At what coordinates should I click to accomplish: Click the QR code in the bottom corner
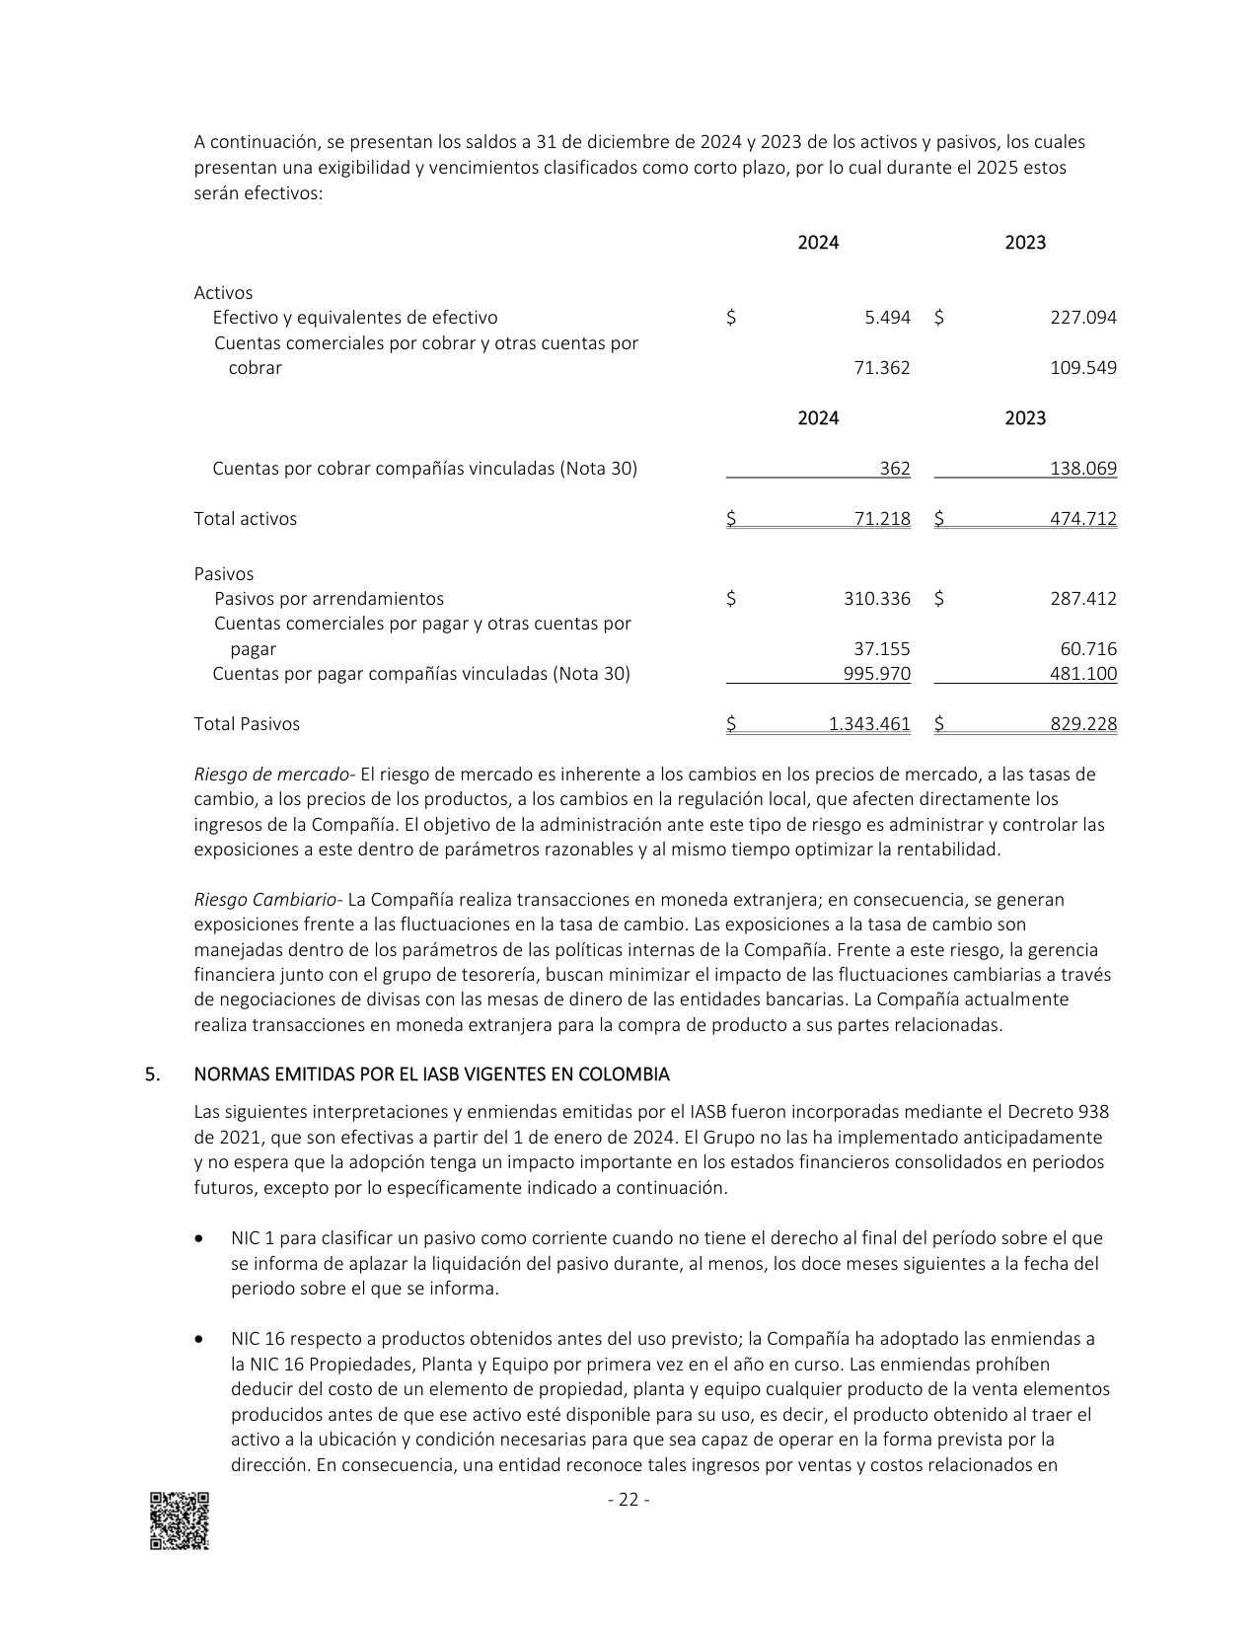pyautogui.click(x=180, y=1520)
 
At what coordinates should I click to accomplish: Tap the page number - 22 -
pyautogui.click(x=629, y=1500)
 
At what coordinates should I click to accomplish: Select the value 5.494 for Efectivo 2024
pyautogui.click(x=887, y=318)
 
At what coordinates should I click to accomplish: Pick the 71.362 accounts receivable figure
pyautogui.click(x=882, y=368)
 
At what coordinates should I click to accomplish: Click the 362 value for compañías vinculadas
pyautogui.click(x=895, y=469)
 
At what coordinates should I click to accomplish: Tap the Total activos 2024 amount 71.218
pyautogui.click(x=882, y=519)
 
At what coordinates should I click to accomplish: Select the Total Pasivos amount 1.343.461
pyautogui.click(x=869, y=724)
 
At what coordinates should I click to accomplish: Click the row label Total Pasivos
pyautogui.click(x=247, y=724)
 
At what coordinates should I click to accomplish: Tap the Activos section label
pyautogui.click(x=223, y=293)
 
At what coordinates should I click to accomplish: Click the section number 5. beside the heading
pyautogui.click(x=152, y=1074)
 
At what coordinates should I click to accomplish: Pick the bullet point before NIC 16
pyautogui.click(x=201, y=1340)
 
